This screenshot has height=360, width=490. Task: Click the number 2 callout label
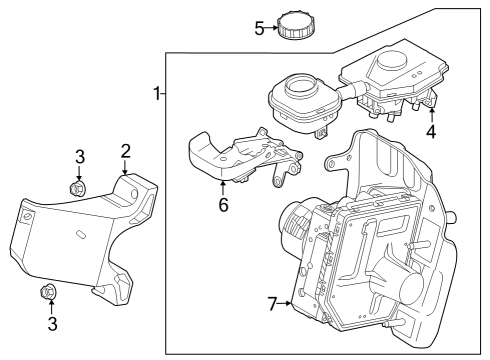tap(126, 151)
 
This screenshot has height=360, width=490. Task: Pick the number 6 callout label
tap(223, 205)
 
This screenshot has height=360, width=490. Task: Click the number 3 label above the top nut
tap(79, 155)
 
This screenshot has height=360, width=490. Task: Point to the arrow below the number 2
tap(125, 168)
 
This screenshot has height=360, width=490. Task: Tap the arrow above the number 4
tap(431, 112)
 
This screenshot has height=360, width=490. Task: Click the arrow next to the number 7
tap(288, 302)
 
